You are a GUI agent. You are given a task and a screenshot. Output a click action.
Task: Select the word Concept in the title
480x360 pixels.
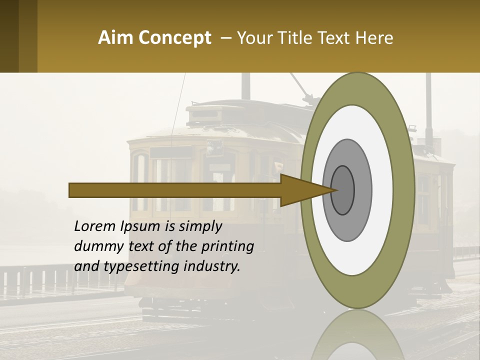click(x=175, y=38)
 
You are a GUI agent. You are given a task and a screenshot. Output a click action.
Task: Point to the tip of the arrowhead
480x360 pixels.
click(x=338, y=190)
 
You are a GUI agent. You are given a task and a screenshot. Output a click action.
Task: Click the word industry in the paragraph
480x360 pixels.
click(x=212, y=266)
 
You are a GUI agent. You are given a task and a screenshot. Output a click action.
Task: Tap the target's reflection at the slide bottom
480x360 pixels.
click(x=358, y=335)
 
